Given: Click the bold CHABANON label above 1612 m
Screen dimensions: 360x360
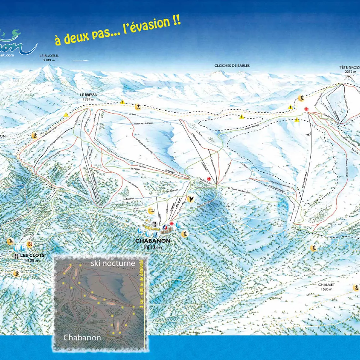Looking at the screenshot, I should click(153, 241).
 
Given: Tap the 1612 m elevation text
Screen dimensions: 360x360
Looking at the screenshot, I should click(153, 247).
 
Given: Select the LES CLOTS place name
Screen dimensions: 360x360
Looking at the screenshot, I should click(32, 255).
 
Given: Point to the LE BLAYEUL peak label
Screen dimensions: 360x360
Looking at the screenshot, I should click(49, 56).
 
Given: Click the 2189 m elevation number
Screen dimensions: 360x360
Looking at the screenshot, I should click(49, 60).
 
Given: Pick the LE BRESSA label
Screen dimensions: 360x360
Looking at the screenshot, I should click(88, 95).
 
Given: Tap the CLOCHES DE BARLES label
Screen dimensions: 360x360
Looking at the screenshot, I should click(232, 66).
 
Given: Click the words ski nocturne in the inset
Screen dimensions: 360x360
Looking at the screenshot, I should click(113, 263).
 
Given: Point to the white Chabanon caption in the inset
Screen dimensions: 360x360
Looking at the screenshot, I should click(82, 338).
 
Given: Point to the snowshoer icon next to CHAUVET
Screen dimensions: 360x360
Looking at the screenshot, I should click(356, 288).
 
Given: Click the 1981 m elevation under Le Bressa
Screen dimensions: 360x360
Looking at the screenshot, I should click(88, 99).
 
